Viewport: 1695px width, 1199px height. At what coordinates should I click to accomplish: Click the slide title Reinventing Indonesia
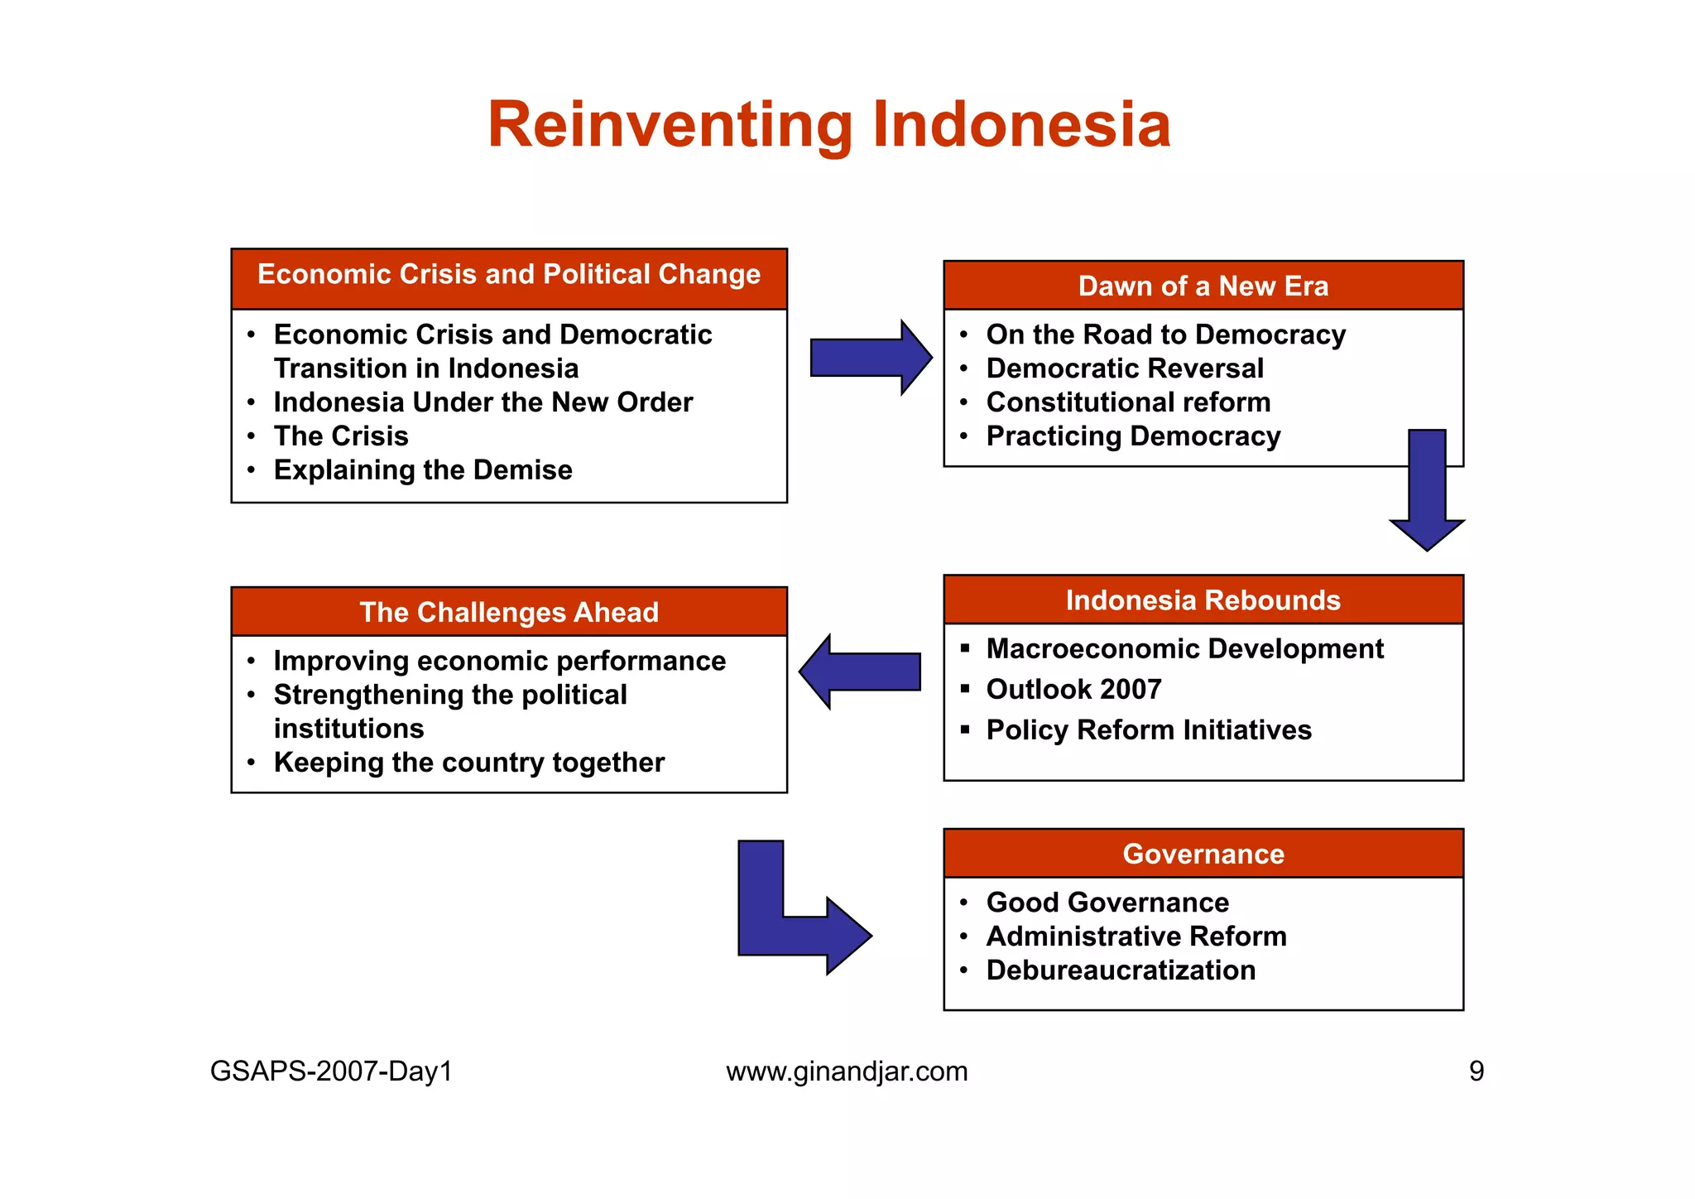829,125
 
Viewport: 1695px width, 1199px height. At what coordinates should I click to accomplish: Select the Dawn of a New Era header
1203,287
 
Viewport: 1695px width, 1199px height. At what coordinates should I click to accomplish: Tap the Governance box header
1203,854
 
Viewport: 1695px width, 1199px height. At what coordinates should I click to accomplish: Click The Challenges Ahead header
509,612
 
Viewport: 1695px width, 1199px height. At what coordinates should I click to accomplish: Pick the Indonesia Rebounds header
1203,600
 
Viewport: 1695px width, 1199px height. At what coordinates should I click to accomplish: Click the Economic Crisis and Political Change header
509,275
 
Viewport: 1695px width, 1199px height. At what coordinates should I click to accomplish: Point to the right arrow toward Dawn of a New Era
869,358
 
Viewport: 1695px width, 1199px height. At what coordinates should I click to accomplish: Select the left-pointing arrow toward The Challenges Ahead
861,672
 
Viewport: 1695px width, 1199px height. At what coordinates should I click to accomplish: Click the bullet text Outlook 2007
1073,690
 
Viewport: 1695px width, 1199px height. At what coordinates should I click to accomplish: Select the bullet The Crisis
341,436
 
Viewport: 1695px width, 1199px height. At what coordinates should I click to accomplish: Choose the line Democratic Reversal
1125,368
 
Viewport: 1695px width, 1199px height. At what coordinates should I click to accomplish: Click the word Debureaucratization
1121,970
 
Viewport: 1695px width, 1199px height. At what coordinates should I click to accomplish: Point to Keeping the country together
468,763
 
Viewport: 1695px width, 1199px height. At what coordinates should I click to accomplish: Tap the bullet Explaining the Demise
423,470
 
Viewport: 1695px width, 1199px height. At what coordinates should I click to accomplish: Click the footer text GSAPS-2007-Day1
331,1071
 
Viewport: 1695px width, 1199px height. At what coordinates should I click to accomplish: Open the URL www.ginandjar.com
847,1071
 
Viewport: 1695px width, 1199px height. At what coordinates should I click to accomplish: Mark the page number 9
1477,1071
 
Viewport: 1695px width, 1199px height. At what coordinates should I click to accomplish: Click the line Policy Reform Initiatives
1149,730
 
